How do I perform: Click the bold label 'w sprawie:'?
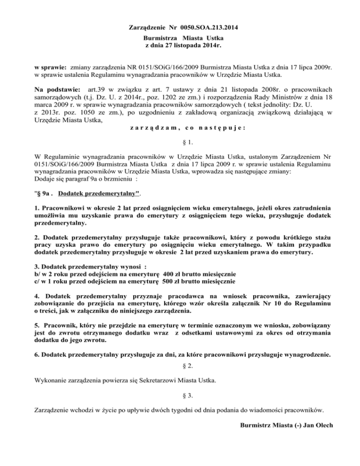(51, 68)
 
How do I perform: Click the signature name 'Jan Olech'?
(318, 425)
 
